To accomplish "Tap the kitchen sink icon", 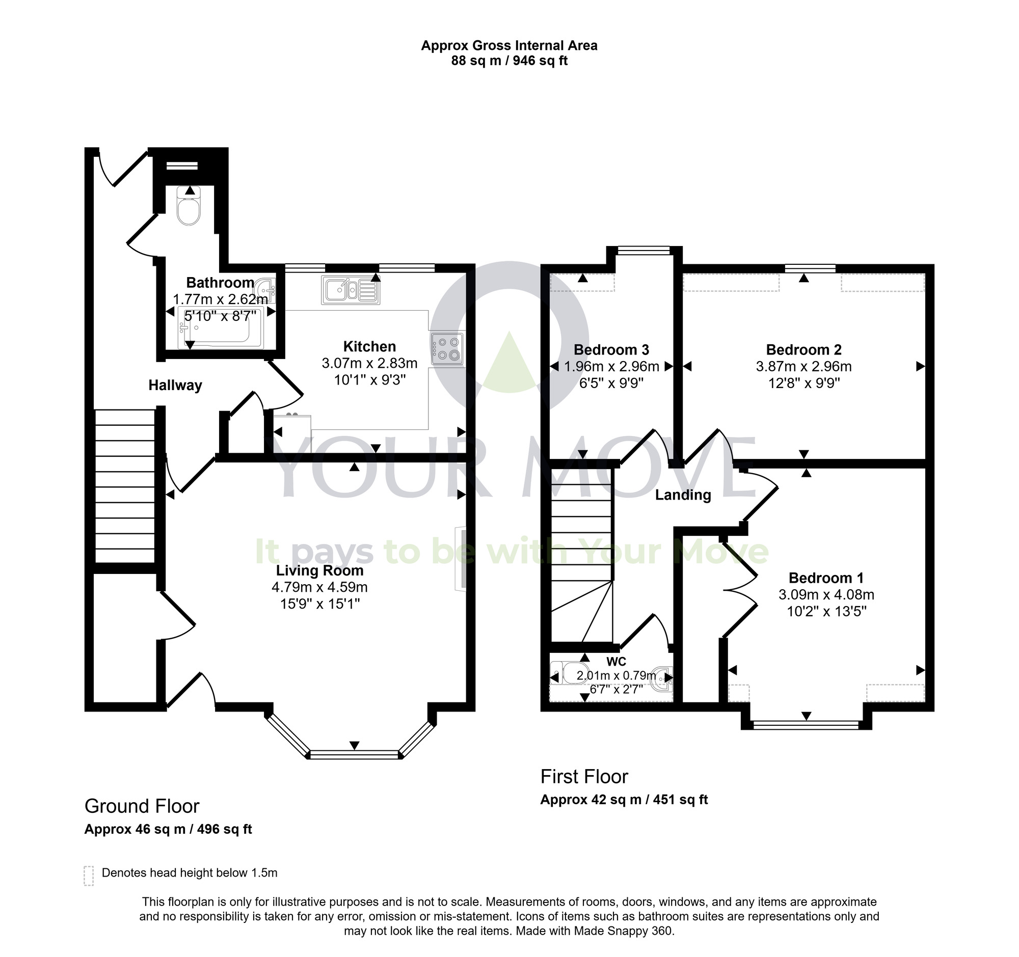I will [x=351, y=290].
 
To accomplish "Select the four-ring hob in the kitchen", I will [x=447, y=348].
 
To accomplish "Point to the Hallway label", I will [x=175, y=385].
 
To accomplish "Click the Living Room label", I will [x=320, y=570].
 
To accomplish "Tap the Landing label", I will [x=683, y=495].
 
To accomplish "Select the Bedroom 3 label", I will [x=611, y=350].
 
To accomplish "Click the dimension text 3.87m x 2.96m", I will [x=803, y=366].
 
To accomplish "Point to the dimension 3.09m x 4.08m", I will [x=826, y=594].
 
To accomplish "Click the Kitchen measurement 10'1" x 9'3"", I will [x=369, y=379].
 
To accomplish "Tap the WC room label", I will [x=615, y=662].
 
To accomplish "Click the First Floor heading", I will [x=584, y=777].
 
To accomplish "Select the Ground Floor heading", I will [x=142, y=806].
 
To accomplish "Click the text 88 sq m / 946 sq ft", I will [x=509, y=61].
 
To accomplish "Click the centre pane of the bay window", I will [x=354, y=754].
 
